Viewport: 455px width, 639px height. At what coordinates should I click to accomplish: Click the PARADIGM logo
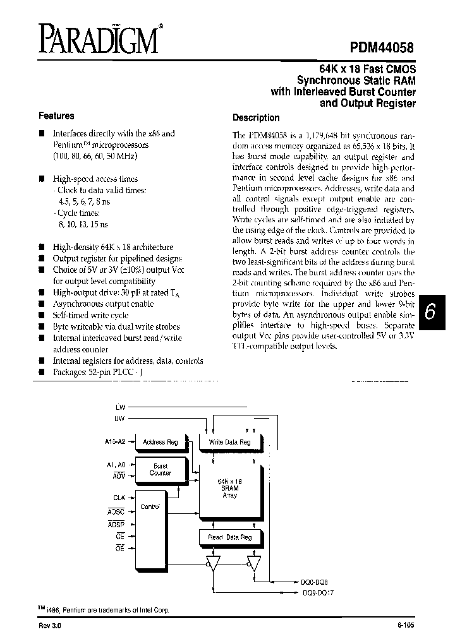pyautogui.click(x=98, y=39)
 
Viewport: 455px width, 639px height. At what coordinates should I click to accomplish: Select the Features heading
pyautogui.click(x=56, y=116)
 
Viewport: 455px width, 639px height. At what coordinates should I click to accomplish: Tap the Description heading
pyautogui.click(x=256, y=117)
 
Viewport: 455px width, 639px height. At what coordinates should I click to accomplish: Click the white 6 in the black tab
pyautogui.click(x=431, y=313)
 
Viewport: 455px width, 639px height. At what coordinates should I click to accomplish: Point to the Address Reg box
pyautogui.click(x=161, y=442)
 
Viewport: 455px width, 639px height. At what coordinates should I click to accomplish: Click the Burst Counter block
pyautogui.click(x=161, y=470)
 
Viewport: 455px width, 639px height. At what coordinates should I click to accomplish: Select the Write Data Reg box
pyautogui.click(x=229, y=442)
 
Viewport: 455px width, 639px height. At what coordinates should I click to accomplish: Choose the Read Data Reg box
pyautogui.click(x=229, y=537)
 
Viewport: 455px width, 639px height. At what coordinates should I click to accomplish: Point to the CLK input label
pyautogui.click(x=119, y=498)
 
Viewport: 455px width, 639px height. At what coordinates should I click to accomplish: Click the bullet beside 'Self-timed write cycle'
pyautogui.click(x=42, y=315)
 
